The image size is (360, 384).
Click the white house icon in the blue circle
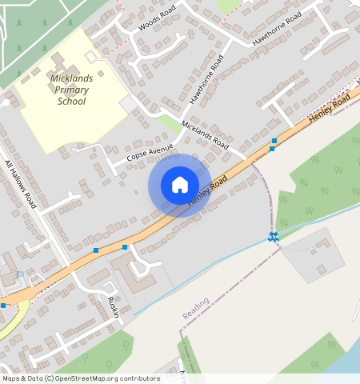pyautogui.click(x=180, y=185)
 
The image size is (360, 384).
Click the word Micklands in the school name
pyautogui.click(x=72, y=78)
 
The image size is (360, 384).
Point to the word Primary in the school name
pyautogui.click(x=72, y=90)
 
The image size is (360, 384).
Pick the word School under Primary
pyautogui.click(x=72, y=102)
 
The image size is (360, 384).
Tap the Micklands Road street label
pyautogui.click(x=206, y=135)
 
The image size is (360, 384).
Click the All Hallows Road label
pyautogui.click(x=22, y=184)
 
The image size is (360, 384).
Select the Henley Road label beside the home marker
pyautogui.click(x=208, y=192)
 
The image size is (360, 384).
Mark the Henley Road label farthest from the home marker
pyautogui.click(x=330, y=110)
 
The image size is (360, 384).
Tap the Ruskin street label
pyautogui.click(x=114, y=306)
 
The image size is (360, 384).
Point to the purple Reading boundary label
pyautogui.click(x=195, y=308)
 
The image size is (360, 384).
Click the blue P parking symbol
pyautogui.click(x=21, y=276)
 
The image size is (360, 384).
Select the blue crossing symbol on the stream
pyautogui.click(x=273, y=235)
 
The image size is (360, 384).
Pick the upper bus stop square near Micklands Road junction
pyautogui.click(x=274, y=141)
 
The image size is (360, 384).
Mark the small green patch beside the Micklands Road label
pyautogui.click(x=169, y=123)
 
